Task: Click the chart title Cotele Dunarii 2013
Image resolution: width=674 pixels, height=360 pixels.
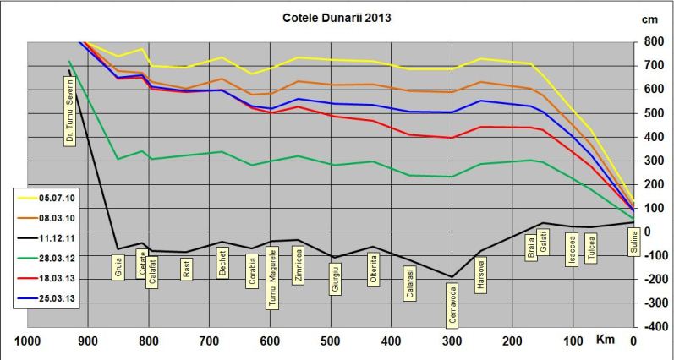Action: point(337,18)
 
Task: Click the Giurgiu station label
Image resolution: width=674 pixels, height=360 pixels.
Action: point(337,279)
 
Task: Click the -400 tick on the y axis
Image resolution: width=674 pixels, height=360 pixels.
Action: point(653,326)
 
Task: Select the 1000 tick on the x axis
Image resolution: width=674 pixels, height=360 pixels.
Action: point(28,341)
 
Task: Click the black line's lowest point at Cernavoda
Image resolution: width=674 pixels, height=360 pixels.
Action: point(452,277)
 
